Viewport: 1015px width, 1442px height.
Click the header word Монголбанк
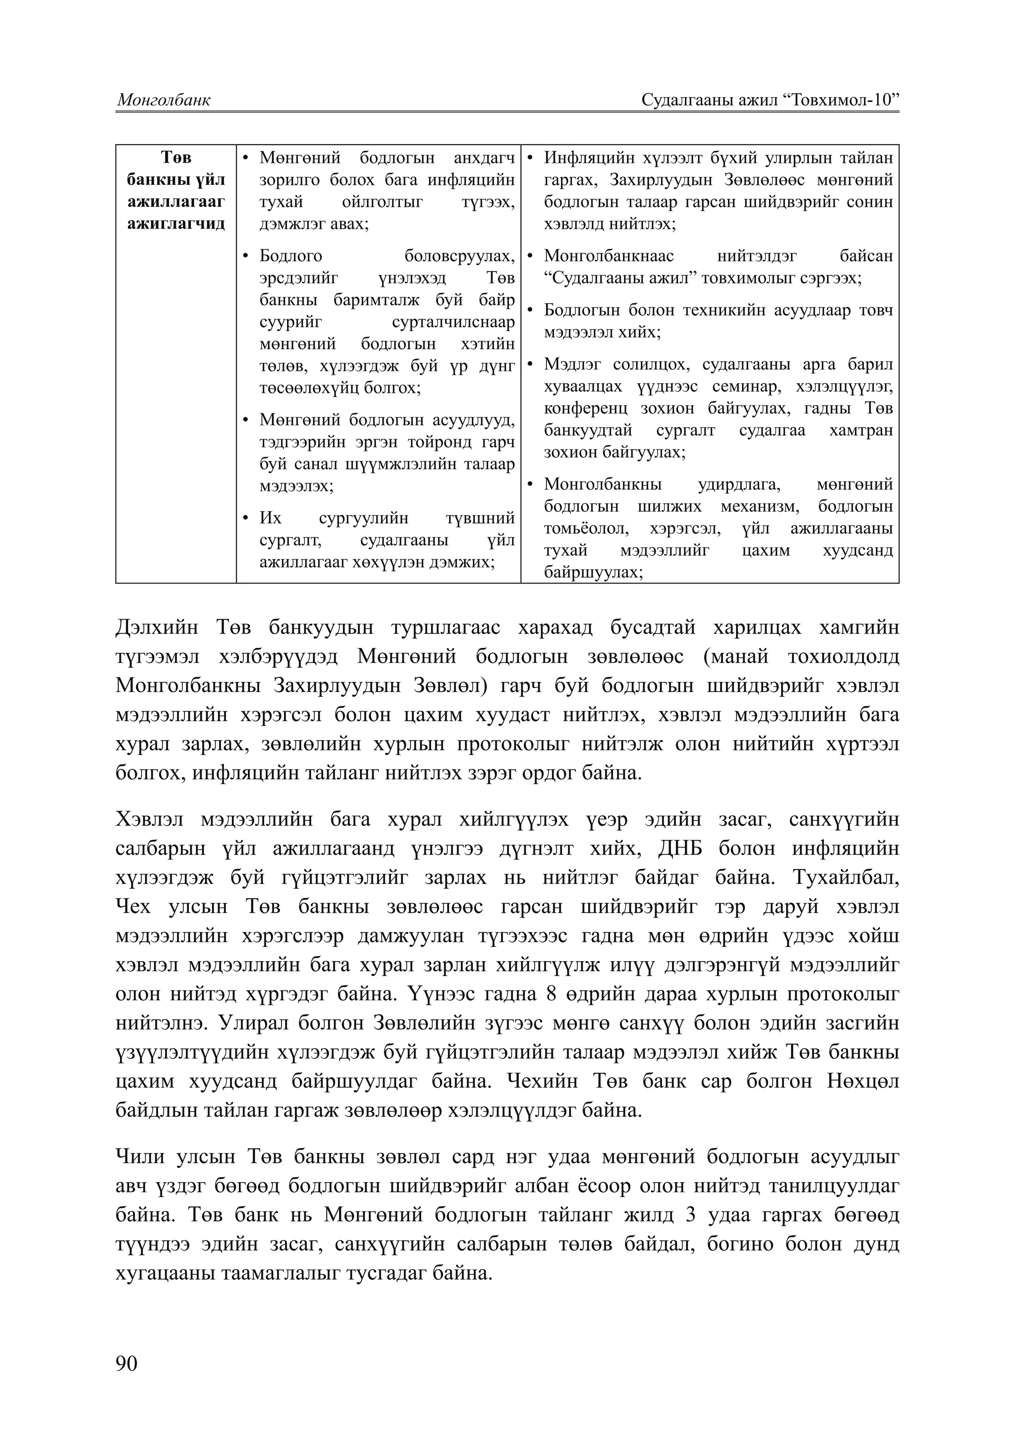[164, 100]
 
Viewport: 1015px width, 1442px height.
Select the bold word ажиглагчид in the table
[176, 224]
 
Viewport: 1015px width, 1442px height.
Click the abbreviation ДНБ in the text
[679, 849]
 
